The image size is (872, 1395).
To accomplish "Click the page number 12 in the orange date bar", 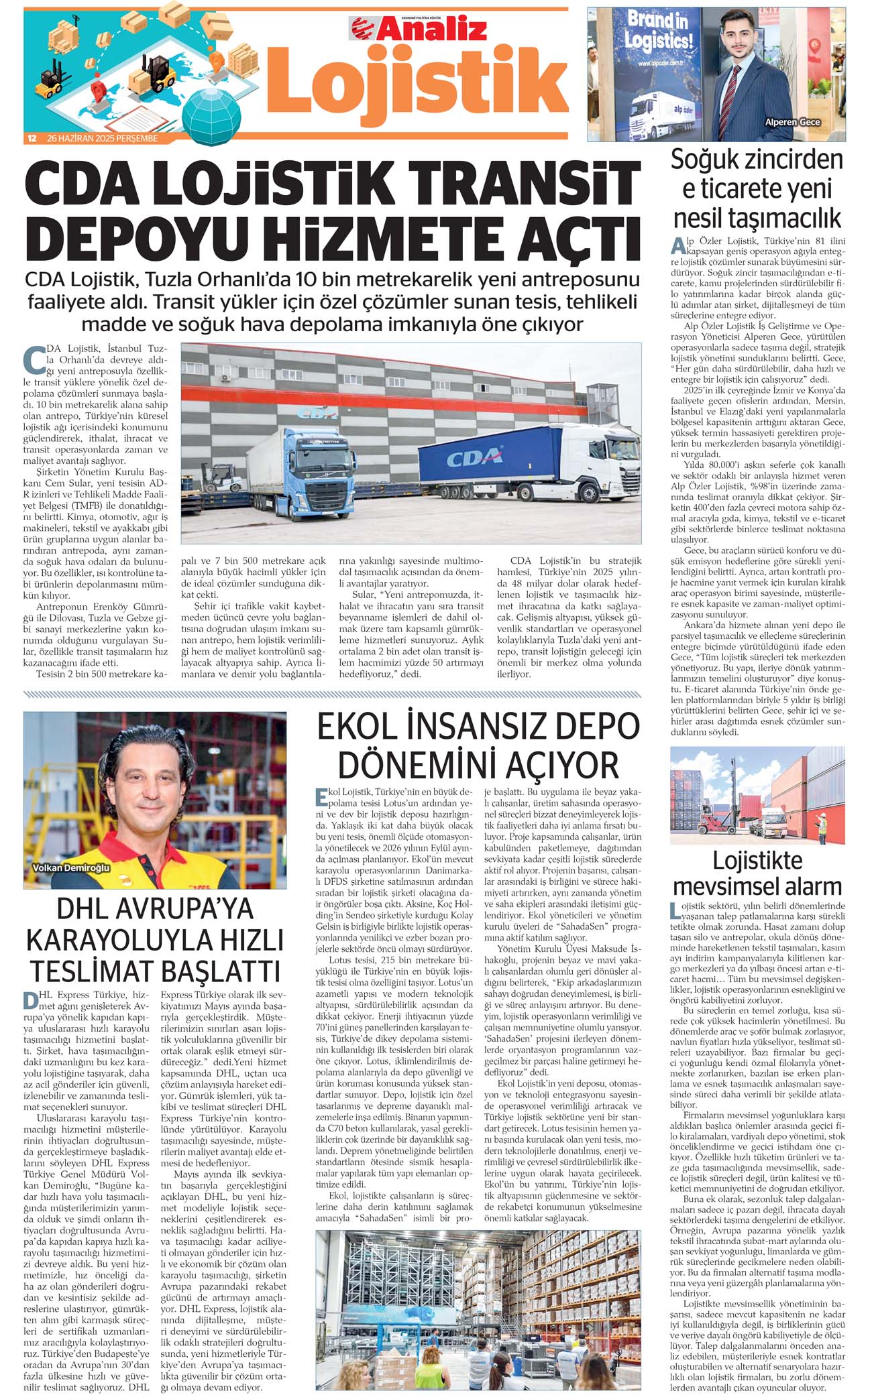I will tap(32, 139).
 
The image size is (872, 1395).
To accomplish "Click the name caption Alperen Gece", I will tap(792, 122).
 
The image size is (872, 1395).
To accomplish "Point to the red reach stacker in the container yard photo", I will tap(710, 814).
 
